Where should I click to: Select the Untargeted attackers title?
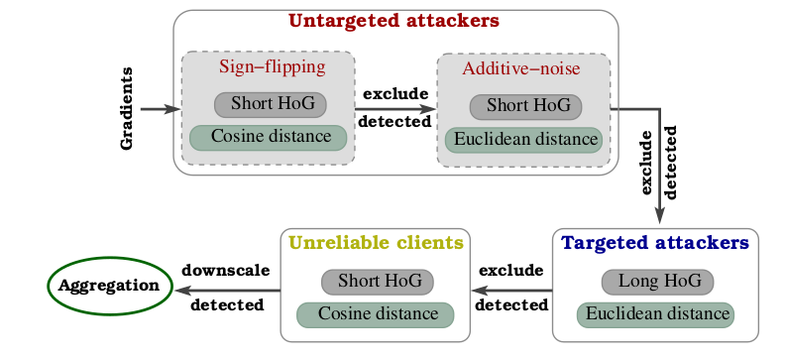tap(393, 20)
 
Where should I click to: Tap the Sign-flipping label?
tap(272, 67)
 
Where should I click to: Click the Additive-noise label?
tap(521, 69)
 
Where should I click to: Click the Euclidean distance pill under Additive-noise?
tap(523, 140)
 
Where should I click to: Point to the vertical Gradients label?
tap(127, 109)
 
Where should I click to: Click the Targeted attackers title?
tap(654, 242)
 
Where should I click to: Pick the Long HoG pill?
tap(656, 282)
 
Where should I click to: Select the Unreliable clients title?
tap(376, 242)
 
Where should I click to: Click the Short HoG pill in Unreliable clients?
tap(378, 282)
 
